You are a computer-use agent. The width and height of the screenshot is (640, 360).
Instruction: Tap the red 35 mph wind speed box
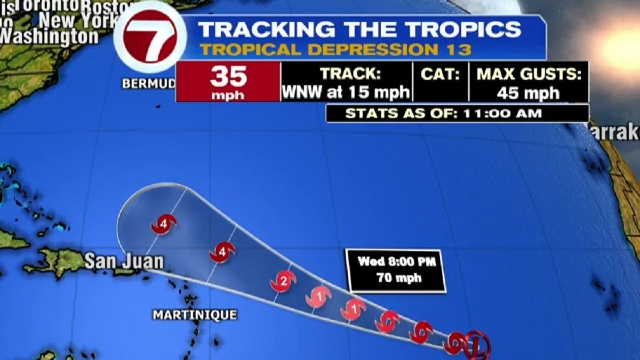click(228, 82)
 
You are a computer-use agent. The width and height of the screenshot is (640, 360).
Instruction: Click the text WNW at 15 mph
click(346, 92)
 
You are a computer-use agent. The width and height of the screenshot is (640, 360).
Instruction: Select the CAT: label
click(440, 74)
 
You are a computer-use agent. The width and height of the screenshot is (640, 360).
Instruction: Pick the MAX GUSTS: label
click(529, 74)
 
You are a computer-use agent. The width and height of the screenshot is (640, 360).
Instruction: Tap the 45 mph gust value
click(529, 93)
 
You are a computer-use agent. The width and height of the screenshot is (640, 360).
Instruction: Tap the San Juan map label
click(124, 261)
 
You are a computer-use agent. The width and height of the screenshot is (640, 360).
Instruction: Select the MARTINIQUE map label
click(195, 315)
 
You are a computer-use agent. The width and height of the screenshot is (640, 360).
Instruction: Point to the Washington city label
click(51, 36)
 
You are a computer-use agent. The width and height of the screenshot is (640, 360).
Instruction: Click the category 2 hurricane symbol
click(283, 281)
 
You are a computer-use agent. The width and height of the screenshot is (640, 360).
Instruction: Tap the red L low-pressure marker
click(476, 344)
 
